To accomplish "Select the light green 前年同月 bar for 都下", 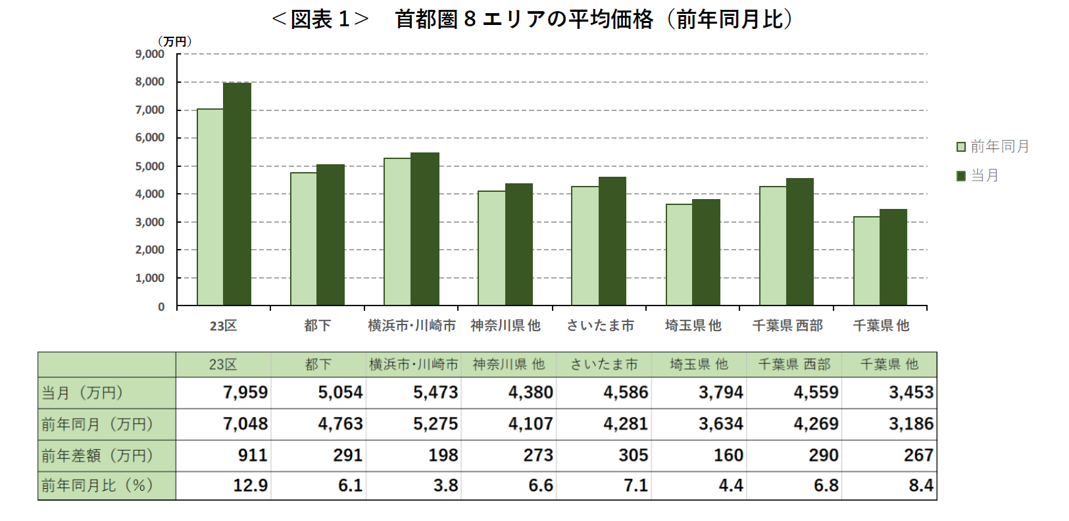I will pos(303,239).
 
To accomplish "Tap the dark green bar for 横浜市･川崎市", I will pos(424,229).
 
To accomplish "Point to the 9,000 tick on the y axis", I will pos(150,54).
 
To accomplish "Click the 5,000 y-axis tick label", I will pos(150,166).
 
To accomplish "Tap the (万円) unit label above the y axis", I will pos(174,41).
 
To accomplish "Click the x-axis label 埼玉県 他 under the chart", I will pos(693,325).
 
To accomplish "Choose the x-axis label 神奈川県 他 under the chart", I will pos(505,325).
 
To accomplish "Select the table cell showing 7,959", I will pos(245,393).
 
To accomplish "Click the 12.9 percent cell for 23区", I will pos(250,486).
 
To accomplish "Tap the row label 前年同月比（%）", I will pos(97,486).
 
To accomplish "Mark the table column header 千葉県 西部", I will pos(794,364).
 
